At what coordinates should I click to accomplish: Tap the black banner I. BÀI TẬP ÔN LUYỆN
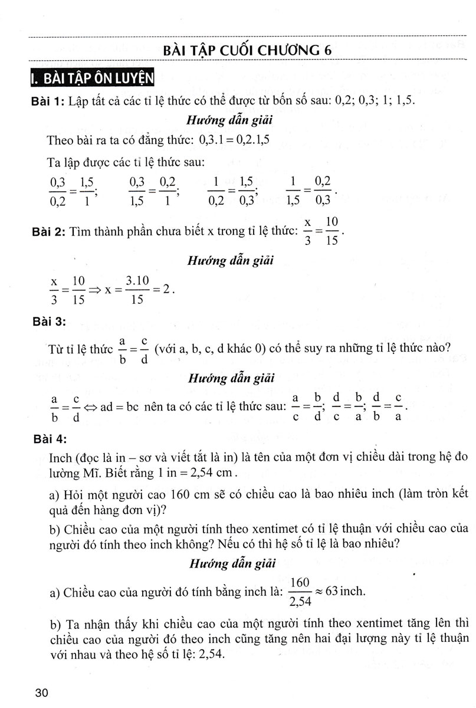point(92,77)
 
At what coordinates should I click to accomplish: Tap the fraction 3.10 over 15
point(138,290)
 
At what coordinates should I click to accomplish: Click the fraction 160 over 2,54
point(301,592)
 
